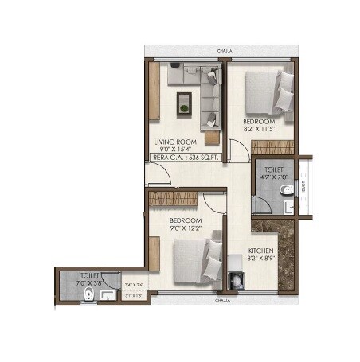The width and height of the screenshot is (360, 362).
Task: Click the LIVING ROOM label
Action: [x=177, y=141]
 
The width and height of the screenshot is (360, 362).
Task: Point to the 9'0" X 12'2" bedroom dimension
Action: [x=186, y=228]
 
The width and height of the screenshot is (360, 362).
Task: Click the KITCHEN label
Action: [x=262, y=249]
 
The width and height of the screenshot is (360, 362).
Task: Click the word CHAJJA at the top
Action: [x=225, y=49]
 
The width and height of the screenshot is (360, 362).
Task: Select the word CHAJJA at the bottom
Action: [x=222, y=302]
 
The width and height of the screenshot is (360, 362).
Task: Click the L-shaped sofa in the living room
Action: [x=207, y=95]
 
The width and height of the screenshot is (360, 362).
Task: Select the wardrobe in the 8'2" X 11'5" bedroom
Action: [x=272, y=147]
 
